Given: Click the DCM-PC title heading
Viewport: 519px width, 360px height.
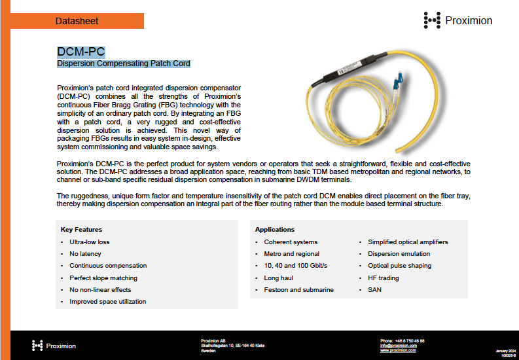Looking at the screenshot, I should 81,52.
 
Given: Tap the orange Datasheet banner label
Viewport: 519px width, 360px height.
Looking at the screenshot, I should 77,21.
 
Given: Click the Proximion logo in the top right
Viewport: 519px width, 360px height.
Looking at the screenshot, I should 457,20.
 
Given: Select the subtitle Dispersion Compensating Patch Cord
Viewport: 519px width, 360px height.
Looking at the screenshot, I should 124,63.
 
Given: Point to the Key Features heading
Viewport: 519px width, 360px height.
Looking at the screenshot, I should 81,230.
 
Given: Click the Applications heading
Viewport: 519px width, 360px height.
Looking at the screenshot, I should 275,230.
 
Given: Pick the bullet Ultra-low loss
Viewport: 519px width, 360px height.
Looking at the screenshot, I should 90,242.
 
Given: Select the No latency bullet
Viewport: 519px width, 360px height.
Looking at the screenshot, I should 85,254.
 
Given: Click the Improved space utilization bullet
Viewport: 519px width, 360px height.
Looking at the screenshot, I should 107,302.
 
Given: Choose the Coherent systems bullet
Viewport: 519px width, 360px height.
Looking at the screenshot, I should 291,242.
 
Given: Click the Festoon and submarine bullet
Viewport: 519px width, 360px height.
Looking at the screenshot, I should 298,290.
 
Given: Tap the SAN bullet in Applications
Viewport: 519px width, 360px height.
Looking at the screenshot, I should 374,290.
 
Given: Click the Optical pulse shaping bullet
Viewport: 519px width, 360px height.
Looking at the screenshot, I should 399,266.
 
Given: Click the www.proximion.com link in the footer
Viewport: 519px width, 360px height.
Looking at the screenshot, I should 398,350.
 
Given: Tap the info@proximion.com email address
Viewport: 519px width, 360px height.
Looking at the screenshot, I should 398,346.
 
